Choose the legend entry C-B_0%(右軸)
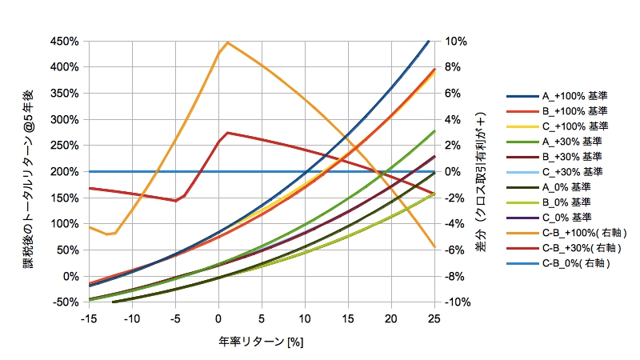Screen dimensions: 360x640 point(564,263)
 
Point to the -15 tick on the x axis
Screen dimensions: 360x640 point(90,319)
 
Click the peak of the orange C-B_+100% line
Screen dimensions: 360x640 point(228,42)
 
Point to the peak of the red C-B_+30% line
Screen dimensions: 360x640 point(228,133)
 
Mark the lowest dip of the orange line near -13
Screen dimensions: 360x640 point(107,234)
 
